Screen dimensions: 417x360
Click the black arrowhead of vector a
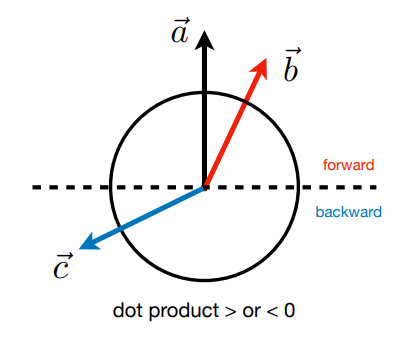[x=204, y=41]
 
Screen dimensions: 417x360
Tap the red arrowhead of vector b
[x=260, y=68]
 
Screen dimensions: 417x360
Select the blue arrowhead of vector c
[x=89, y=242]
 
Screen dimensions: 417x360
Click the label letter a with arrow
[x=181, y=31]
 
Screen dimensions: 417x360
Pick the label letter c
[x=62, y=266]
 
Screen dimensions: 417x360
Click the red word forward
[x=349, y=165]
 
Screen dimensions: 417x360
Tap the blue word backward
[x=349, y=212]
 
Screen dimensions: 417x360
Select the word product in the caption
[x=184, y=311]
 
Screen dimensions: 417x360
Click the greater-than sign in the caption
[x=230, y=312]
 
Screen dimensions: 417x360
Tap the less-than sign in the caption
[x=272, y=312]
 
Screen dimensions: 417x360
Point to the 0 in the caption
[x=290, y=310]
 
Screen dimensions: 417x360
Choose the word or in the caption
[x=251, y=312]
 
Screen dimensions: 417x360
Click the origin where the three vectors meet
[x=205, y=187]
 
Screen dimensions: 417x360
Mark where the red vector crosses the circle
[x=246, y=103]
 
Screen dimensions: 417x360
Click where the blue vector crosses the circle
[x=121, y=227]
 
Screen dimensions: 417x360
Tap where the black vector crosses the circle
[x=205, y=93]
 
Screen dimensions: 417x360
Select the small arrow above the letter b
[x=293, y=51]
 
